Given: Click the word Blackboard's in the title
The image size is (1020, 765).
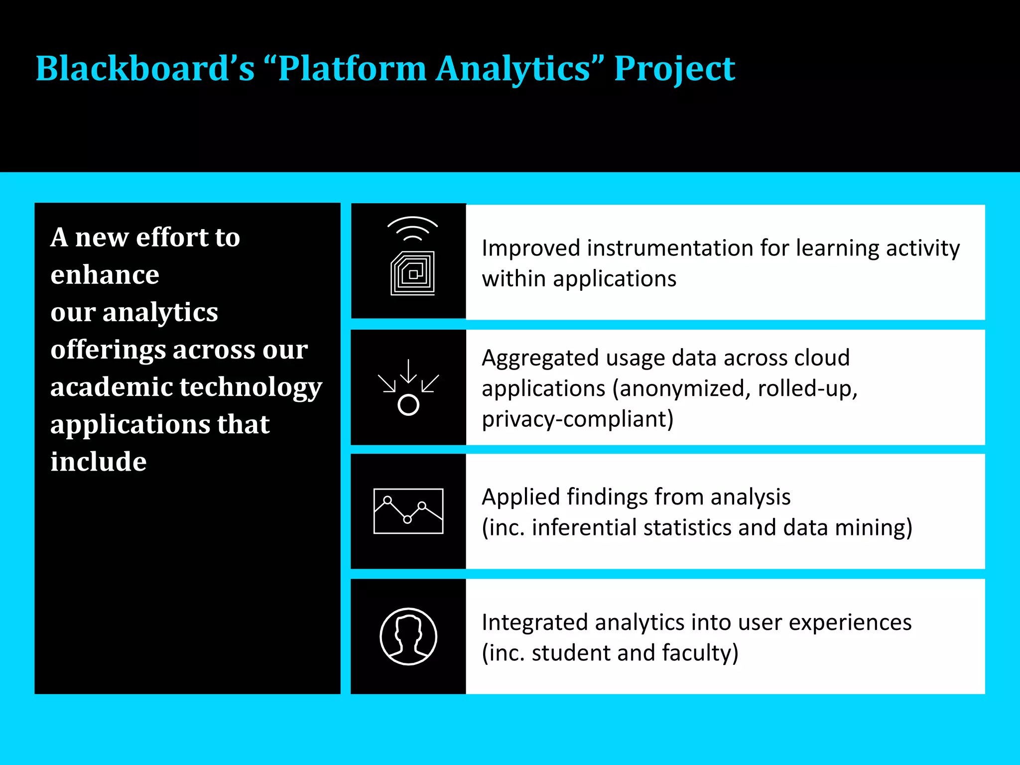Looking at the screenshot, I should [x=144, y=68].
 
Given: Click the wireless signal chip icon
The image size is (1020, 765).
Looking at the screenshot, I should [x=412, y=256].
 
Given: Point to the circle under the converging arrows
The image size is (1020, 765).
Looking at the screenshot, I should [x=408, y=405].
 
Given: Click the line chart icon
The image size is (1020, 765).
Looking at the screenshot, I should [x=408, y=511].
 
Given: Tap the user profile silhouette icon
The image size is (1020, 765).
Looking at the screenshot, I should [x=408, y=636].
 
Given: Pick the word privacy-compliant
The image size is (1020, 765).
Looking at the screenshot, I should [x=577, y=419].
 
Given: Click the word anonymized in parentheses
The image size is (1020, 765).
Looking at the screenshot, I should [x=682, y=388].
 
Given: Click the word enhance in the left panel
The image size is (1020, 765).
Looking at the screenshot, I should [x=105, y=274].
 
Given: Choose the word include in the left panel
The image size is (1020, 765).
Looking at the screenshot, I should [x=98, y=462].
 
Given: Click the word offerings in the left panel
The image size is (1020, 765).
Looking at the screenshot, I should [x=108, y=350].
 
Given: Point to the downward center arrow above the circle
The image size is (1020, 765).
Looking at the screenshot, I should [x=408, y=371].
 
